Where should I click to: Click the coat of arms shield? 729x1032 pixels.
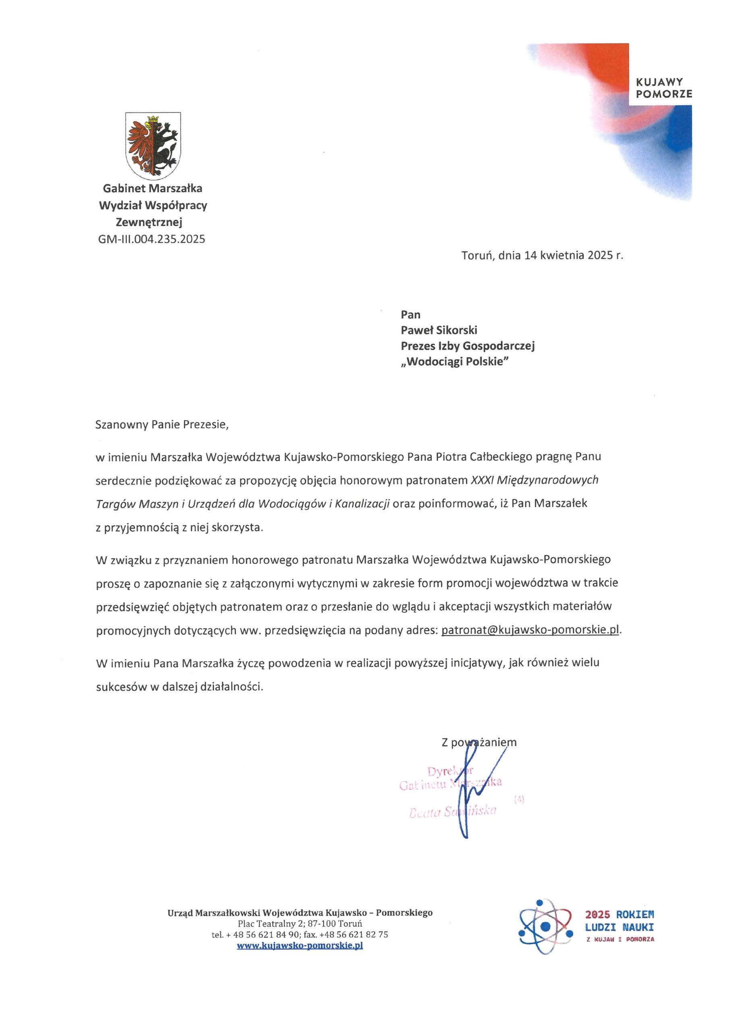(x=153, y=145)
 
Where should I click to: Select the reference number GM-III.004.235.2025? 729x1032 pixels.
(x=152, y=239)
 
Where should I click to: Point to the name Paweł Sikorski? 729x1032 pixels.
(x=439, y=331)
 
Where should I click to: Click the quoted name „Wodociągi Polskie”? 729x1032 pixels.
(x=455, y=362)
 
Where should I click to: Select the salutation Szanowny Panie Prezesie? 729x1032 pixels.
(x=162, y=425)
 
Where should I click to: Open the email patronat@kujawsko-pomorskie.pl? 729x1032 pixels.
(x=530, y=630)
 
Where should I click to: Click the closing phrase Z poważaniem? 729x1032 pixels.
(x=479, y=743)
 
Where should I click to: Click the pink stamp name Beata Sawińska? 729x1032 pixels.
(x=453, y=812)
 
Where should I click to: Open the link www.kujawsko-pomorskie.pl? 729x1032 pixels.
(x=300, y=945)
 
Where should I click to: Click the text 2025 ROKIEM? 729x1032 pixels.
(x=619, y=914)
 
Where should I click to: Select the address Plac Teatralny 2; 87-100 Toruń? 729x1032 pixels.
(x=300, y=924)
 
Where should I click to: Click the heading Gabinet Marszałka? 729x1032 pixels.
(x=153, y=188)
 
